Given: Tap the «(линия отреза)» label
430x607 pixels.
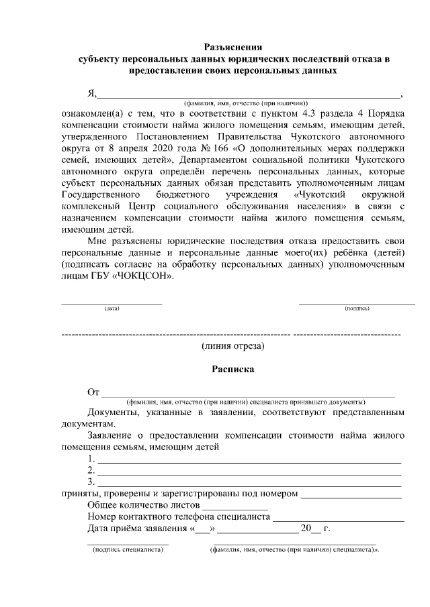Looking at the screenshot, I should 232,346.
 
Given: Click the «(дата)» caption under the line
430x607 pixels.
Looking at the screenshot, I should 112,309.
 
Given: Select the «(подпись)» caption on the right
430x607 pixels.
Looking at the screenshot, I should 357,309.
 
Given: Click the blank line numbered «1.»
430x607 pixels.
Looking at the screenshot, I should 249,461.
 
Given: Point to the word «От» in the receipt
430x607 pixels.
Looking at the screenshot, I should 93,392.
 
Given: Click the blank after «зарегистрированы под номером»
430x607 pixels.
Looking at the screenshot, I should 351,495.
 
